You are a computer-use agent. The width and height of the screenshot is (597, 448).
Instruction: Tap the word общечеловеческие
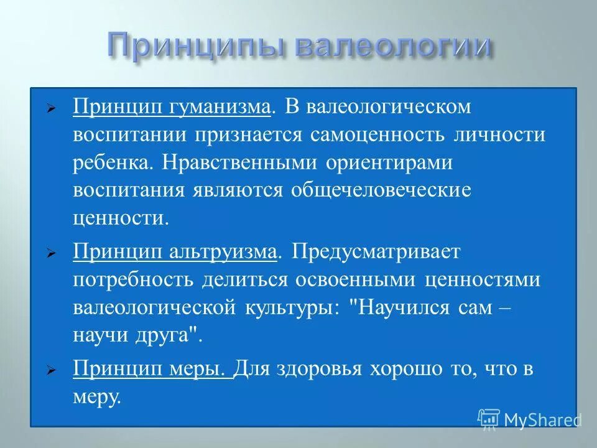point(381,191)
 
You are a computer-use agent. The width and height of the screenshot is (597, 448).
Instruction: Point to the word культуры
point(289,308)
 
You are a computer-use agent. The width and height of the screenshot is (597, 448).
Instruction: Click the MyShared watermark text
point(542,419)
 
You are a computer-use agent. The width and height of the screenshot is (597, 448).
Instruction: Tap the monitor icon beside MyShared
point(489,419)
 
